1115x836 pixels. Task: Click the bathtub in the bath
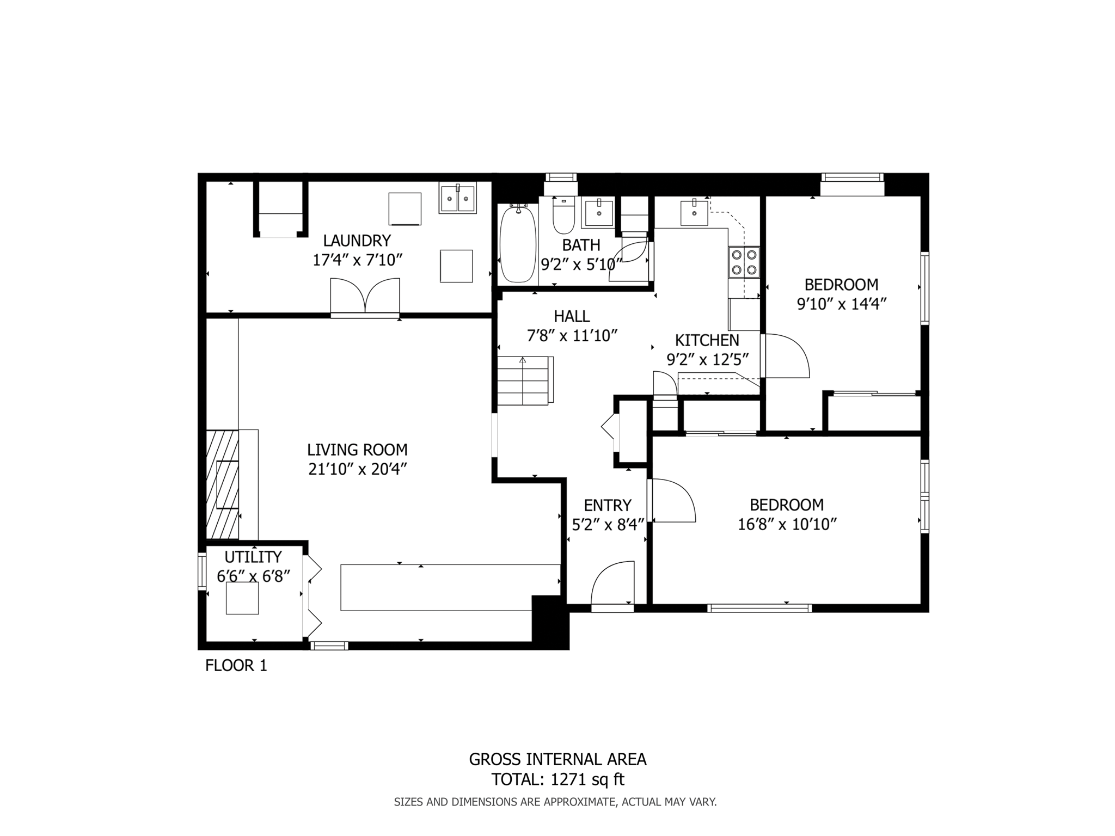point(518,243)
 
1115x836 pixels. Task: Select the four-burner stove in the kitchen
point(744,262)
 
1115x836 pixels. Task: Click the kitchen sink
point(694,213)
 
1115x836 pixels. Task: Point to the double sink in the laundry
point(458,197)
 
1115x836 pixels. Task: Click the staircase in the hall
point(524,380)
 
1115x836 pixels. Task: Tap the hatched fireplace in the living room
point(222,484)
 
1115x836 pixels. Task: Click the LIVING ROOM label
point(357,450)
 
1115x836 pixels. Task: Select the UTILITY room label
point(253,557)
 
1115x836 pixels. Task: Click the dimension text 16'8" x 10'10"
point(787,524)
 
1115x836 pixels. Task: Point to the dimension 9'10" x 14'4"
point(842,304)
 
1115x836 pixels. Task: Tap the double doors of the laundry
point(365,296)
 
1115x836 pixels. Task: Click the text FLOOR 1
point(236,666)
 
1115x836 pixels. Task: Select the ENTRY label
point(608,505)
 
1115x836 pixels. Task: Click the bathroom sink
point(598,213)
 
